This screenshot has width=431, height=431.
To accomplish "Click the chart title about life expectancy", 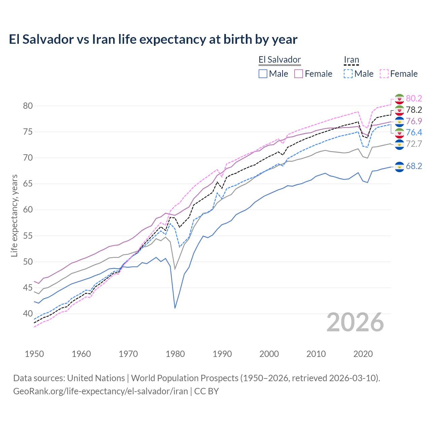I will (153, 39).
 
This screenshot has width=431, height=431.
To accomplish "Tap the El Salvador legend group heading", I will (279, 60).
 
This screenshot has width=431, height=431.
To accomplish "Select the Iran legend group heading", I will (351, 60).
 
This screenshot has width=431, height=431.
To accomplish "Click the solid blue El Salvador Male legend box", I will (263, 74).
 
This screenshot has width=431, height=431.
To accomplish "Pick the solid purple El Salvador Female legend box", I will (299, 74).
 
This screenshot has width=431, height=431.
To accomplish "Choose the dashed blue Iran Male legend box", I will (348, 74).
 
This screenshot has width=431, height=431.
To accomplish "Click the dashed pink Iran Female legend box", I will (384, 74).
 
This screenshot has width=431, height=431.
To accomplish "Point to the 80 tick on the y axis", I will (28, 106).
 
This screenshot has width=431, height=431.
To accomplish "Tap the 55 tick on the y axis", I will (28, 236).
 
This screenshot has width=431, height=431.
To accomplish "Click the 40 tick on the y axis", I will (28, 314).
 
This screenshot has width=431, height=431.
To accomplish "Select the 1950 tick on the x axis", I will (34, 354).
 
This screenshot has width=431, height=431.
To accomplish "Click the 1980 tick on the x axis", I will (175, 354).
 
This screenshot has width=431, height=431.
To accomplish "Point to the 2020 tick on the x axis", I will (363, 354).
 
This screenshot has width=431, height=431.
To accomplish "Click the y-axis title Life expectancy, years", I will (14, 215).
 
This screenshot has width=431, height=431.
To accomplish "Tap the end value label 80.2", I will (414, 98).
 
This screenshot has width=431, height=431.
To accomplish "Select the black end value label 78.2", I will (414, 110).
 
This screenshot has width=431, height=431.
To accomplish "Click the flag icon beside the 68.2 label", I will (399, 166).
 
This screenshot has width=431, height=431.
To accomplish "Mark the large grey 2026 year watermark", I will (355, 322).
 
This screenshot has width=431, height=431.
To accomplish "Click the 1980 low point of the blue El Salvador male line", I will (175, 308).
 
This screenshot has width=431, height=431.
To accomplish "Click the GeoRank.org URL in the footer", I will (100, 391).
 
